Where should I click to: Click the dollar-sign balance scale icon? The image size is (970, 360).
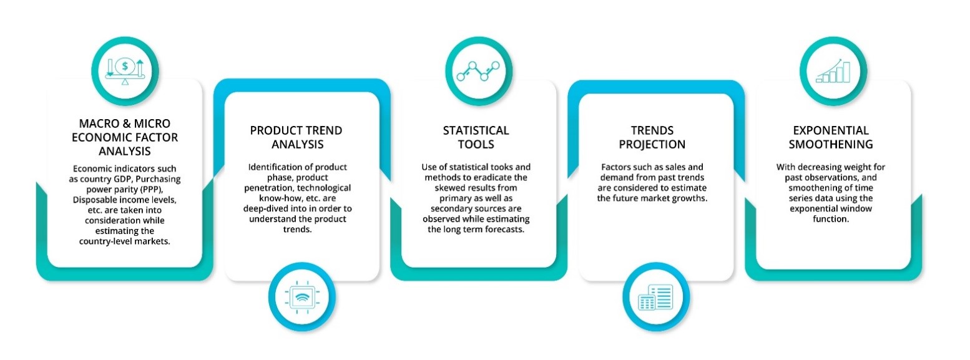coord(125,71)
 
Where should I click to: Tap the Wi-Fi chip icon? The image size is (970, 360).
coord(302,297)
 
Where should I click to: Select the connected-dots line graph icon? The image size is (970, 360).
coord(478,71)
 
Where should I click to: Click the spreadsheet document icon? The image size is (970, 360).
coord(655,297)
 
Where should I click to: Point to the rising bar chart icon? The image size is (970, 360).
coord(833,71)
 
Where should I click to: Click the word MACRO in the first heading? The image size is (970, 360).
coord(100,124)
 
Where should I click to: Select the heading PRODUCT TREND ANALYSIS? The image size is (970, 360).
coord(296,137)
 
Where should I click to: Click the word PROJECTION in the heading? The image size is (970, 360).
coord(652,145)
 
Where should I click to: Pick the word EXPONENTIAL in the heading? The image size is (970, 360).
coord(831,130)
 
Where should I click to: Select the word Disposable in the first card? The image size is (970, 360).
coord(92,200)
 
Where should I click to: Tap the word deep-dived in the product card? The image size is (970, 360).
coord(263,208)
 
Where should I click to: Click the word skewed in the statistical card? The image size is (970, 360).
coord(449,188)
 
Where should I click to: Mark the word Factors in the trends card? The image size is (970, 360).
coord(615,167)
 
